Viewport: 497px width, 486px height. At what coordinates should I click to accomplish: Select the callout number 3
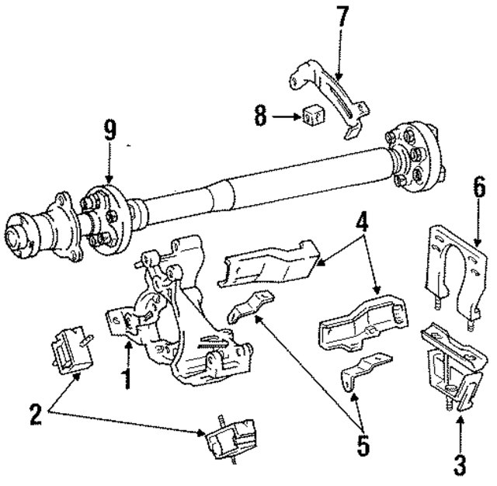click(459, 465)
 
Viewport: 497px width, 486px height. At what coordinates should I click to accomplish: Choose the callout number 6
click(478, 189)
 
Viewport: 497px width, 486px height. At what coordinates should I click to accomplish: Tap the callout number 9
click(110, 130)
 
